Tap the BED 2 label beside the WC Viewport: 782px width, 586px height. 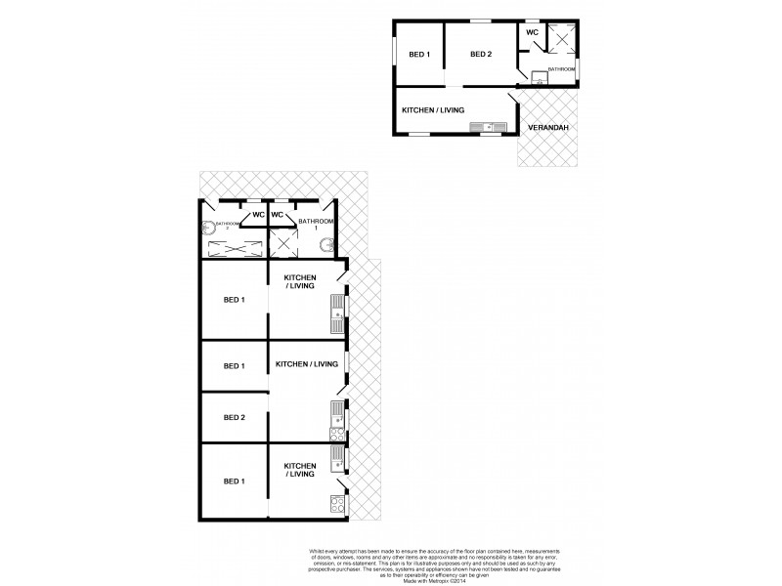(480, 55)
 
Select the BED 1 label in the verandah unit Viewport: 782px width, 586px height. (419, 55)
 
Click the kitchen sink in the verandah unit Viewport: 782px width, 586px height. (485, 126)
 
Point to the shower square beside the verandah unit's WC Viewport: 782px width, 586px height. (562, 38)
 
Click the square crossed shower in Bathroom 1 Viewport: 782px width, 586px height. (284, 243)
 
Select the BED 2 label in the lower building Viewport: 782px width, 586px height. (235, 418)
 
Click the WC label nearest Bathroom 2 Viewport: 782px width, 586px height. (258, 215)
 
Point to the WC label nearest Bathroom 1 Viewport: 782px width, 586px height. (278, 215)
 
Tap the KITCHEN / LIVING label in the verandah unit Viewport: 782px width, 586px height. (433, 111)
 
